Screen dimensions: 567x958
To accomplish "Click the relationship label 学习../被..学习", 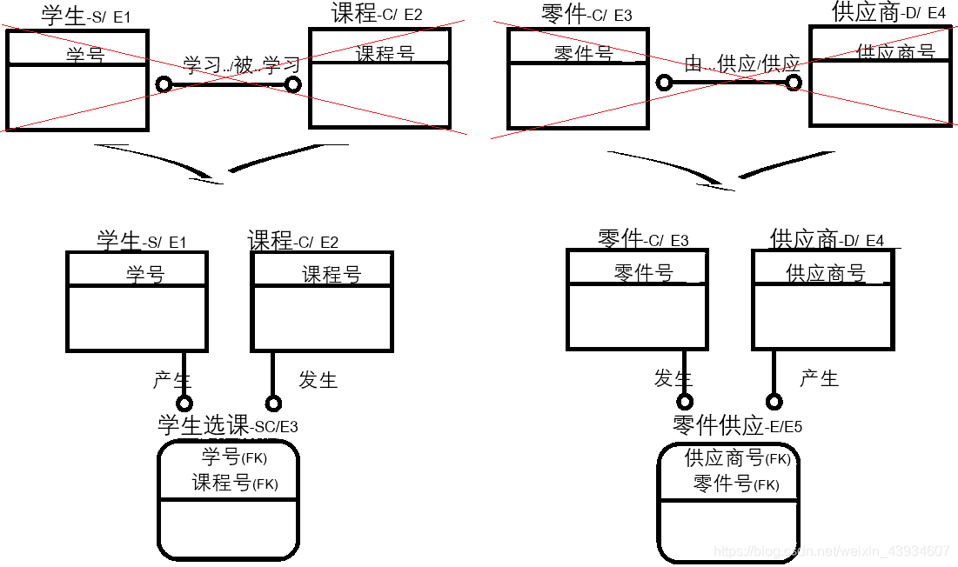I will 242,65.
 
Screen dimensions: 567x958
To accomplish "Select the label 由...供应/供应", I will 742,63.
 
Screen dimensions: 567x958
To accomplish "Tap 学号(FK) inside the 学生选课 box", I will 234,457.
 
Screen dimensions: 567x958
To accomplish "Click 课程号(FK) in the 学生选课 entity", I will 235,484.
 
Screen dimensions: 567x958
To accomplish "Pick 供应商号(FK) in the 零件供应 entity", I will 737,457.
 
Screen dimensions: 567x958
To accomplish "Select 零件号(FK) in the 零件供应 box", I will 735,484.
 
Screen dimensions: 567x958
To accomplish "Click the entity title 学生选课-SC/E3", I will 227,425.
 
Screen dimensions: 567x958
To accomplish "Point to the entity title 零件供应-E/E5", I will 737,425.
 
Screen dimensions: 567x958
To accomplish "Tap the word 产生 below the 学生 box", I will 172,380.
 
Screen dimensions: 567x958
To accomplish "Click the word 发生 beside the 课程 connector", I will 318,380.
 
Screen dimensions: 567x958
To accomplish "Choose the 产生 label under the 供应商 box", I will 819,378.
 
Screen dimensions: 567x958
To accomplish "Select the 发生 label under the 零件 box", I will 673,378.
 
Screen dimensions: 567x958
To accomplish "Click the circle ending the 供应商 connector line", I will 774,402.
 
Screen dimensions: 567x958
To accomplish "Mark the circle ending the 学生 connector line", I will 184,404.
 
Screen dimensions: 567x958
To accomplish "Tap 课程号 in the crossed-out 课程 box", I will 385,54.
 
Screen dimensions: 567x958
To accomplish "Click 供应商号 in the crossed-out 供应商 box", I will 895,52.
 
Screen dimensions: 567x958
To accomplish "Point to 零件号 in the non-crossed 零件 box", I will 644,273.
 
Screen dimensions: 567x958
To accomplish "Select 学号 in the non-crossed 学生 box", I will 145,275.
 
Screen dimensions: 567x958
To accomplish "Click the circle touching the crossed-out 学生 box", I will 163,84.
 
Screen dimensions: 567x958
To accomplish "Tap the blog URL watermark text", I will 831,551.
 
